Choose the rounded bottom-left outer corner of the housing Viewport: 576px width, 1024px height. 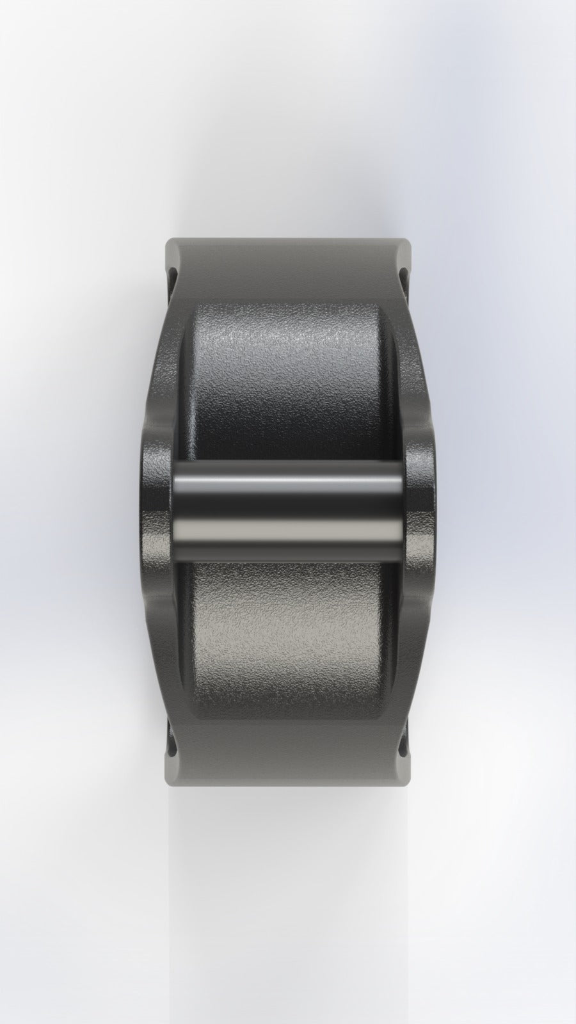(x=170, y=781)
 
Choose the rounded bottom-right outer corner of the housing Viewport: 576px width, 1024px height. (x=406, y=781)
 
